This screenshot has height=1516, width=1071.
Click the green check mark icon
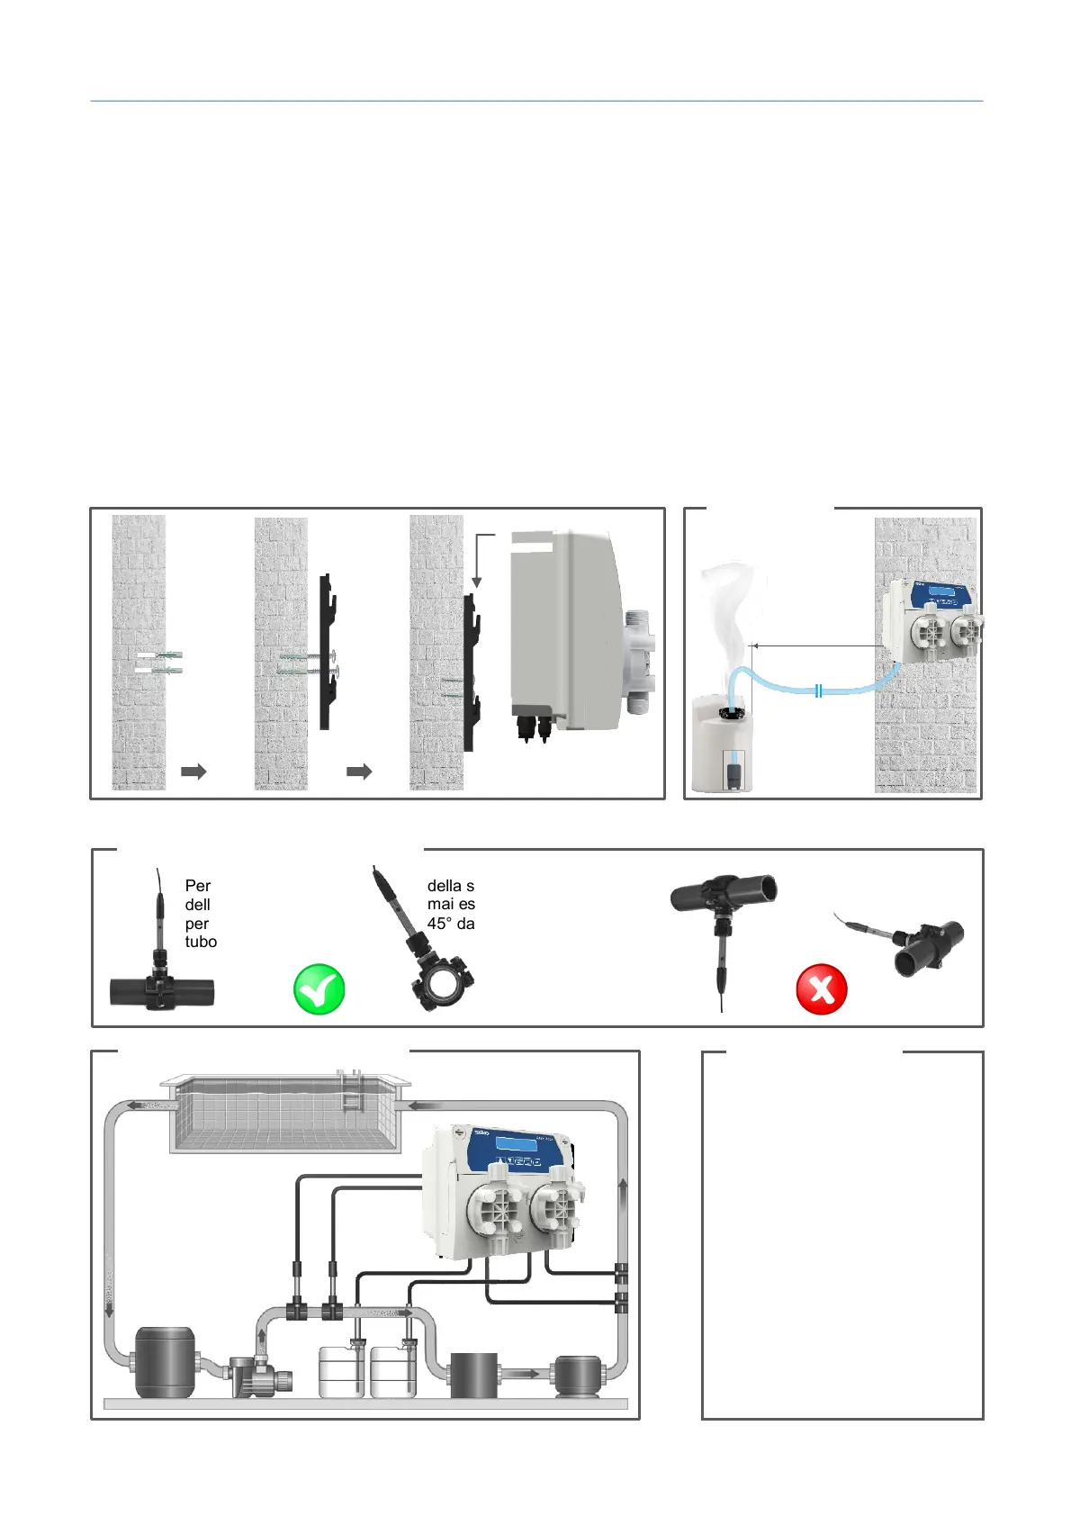click(319, 988)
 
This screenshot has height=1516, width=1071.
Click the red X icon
click(822, 988)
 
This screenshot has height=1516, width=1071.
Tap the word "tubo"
click(201, 942)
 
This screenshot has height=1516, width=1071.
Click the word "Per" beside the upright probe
click(197, 886)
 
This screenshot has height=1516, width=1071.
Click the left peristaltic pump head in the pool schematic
click(494, 1209)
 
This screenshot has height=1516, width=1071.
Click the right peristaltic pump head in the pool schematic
click(556, 1209)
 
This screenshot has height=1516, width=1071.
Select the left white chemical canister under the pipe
click(342, 1370)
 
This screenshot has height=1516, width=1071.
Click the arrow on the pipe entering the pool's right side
click(424, 1105)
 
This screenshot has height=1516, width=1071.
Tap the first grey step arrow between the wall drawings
click(193, 772)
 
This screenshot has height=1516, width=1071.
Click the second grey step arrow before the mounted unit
click(359, 772)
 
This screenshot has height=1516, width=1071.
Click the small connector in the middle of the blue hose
click(818, 690)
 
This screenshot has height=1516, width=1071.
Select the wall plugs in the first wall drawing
click(159, 662)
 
